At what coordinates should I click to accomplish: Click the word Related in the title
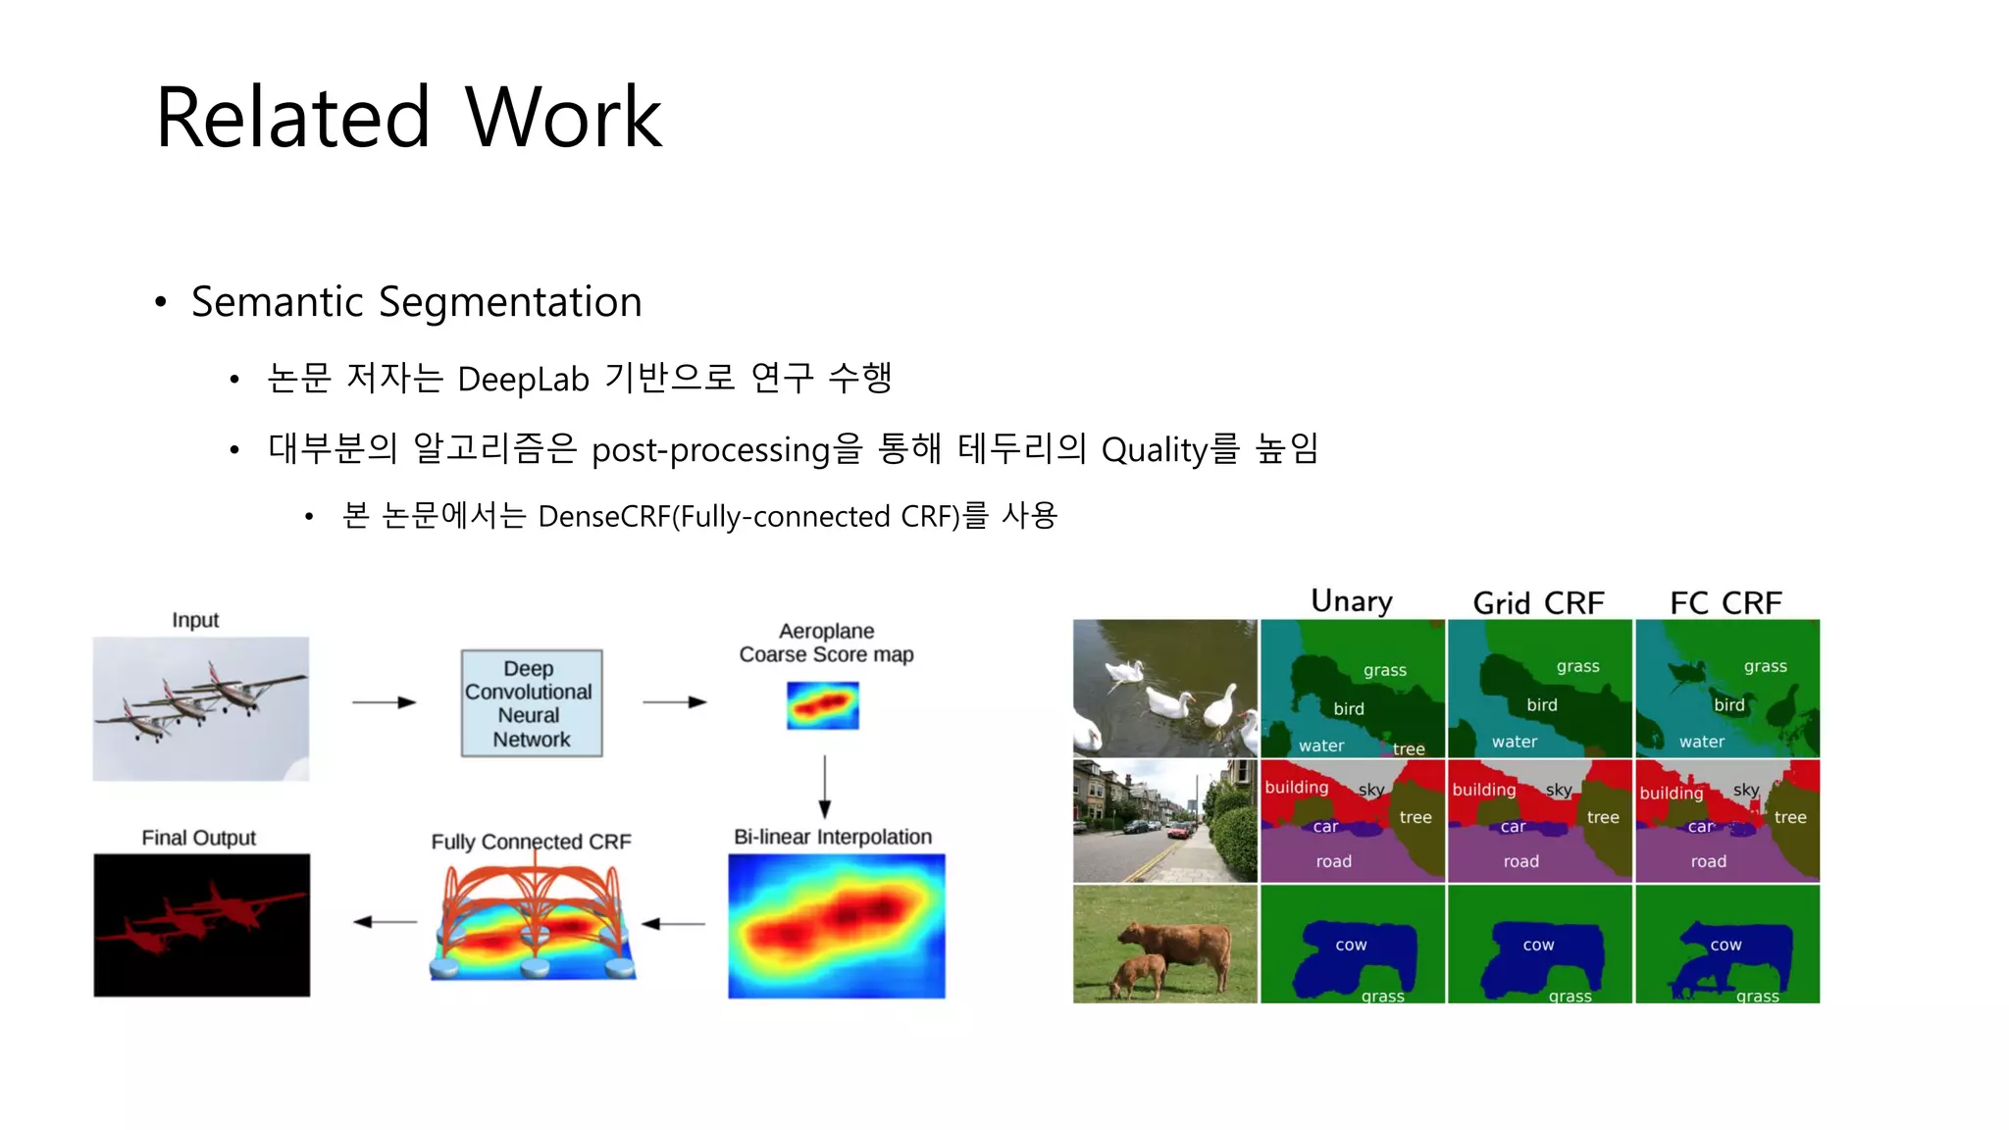click(x=292, y=118)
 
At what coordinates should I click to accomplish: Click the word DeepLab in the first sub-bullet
click(x=523, y=379)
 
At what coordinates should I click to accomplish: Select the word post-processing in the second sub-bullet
click(x=711, y=450)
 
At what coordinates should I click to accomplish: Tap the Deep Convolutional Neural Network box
click(x=531, y=703)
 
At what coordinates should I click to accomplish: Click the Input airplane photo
click(x=201, y=708)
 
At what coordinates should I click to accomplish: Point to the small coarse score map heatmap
click(x=822, y=705)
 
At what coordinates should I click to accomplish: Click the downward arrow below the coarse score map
click(x=824, y=786)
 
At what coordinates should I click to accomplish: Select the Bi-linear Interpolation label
click(x=833, y=837)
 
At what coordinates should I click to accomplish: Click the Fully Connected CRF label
click(x=531, y=842)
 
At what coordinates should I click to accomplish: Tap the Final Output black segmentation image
click(x=201, y=925)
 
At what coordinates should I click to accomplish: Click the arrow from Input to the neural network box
click(x=384, y=702)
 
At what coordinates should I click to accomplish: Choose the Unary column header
click(x=1351, y=601)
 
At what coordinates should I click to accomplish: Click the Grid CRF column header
click(x=1538, y=603)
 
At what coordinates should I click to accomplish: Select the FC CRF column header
click(x=1726, y=603)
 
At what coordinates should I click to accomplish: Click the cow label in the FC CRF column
click(x=1726, y=945)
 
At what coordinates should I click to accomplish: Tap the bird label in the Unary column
click(x=1348, y=708)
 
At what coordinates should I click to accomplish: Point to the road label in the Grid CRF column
click(x=1520, y=861)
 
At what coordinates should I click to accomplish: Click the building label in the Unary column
click(x=1296, y=787)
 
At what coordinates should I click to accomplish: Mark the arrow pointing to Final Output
click(x=384, y=922)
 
